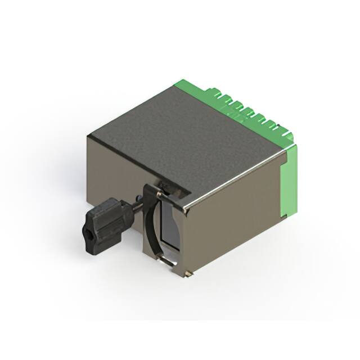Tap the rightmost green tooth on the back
click(288, 135)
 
